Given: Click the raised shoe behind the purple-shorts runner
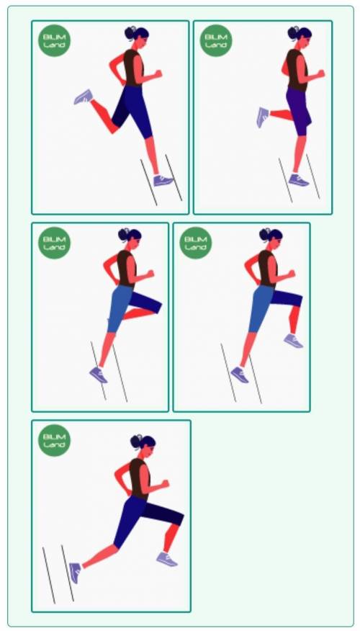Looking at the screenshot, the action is (263, 117).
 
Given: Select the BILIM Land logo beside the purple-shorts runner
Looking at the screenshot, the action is (216, 40).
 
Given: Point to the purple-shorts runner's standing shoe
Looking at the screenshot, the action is (299, 179).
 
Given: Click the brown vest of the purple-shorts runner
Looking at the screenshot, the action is (297, 71).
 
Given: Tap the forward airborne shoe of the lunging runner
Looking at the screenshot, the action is (167, 559).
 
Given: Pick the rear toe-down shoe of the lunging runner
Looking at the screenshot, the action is (75, 573).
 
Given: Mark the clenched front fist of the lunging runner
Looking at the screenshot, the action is (164, 484).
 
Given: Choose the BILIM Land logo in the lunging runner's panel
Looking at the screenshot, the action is (54, 440).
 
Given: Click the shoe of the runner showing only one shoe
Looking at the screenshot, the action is (99, 375).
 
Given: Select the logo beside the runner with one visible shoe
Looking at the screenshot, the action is (54, 243).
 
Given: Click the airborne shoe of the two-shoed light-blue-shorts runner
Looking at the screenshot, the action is (293, 341).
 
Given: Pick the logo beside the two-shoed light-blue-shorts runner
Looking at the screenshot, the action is (196, 243).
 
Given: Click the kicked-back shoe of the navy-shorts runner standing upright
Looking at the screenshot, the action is (84, 97).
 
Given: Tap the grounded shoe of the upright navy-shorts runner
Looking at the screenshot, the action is (163, 180).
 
